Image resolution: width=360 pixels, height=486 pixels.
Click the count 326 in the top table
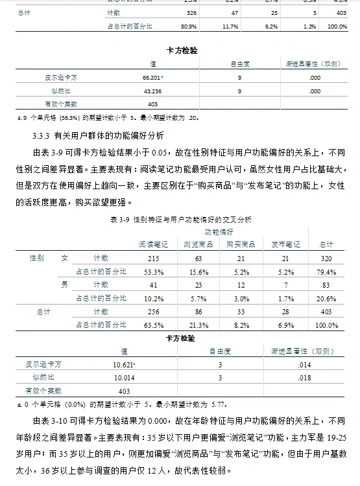tap(191, 12)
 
